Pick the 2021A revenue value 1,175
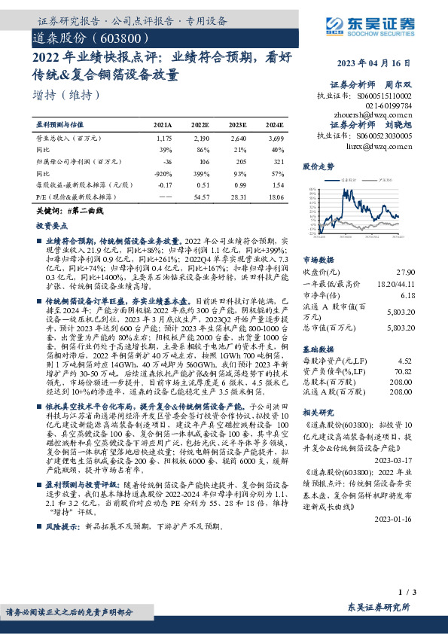(x=164, y=139)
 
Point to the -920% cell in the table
(x=162, y=172)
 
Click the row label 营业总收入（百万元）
(x=69, y=139)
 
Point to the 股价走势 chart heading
(x=316, y=165)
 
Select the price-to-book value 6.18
(x=406, y=296)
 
